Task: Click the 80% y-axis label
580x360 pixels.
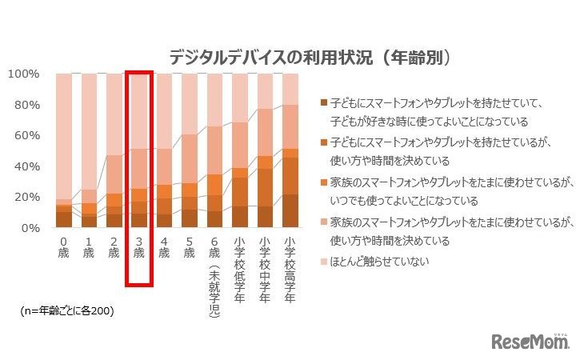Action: click(x=26, y=105)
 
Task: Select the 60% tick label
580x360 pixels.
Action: click(x=26, y=136)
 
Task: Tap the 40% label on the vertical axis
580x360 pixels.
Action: click(x=26, y=166)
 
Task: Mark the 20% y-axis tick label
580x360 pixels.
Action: click(x=26, y=197)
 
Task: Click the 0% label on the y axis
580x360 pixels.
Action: click(x=29, y=228)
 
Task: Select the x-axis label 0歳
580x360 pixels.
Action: click(x=64, y=246)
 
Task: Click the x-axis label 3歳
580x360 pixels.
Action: click(x=138, y=246)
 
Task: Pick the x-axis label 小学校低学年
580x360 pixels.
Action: click(x=239, y=267)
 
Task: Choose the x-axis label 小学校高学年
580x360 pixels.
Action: click(x=290, y=267)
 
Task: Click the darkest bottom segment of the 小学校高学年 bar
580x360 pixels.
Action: click(x=290, y=211)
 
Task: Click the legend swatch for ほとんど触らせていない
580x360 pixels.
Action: click(x=323, y=261)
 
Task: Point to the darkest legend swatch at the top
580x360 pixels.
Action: click(x=323, y=102)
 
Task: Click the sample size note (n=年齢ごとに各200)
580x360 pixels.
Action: click(x=67, y=311)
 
